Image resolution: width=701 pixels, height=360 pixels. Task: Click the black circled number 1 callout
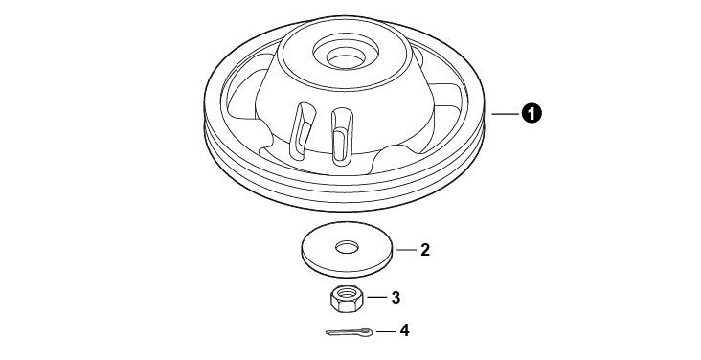(531, 114)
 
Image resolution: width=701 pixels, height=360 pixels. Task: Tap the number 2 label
(424, 250)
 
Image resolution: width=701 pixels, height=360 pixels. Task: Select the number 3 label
(396, 298)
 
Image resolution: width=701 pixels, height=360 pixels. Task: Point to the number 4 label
(404, 330)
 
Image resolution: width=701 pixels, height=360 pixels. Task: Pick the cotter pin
(349, 332)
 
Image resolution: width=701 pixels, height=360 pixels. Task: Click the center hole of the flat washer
(348, 246)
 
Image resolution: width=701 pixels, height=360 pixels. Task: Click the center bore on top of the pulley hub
(344, 57)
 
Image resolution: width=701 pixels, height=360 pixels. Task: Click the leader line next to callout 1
(506, 114)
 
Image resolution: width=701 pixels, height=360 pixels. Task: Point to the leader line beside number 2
(406, 250)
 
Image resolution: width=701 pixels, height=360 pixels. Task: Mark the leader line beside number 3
(376, 298)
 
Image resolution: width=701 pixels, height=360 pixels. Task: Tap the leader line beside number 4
(386, 331)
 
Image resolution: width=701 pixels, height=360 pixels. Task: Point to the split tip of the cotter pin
(328, 332)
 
